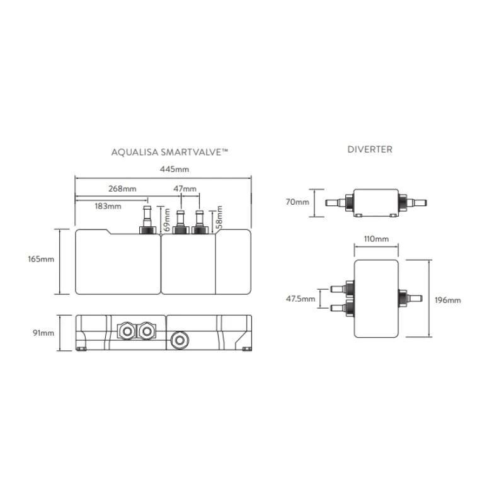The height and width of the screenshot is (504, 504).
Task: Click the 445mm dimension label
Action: (175, 169)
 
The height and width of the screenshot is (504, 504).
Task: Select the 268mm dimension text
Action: (122, 188)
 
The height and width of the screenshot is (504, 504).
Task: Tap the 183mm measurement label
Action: (108, 206)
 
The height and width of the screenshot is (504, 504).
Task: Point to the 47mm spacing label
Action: (185, 188)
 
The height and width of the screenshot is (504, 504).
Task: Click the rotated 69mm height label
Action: (167, 220)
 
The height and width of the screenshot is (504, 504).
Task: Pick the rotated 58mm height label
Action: (219, 217)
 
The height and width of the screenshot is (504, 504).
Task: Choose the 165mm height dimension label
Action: (41, 259)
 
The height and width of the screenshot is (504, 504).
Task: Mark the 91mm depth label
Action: (43, 333)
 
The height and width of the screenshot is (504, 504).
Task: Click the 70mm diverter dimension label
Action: (297, 202)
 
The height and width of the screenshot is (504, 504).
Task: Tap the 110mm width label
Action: (376, 239)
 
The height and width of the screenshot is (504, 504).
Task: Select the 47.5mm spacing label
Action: (301, 299)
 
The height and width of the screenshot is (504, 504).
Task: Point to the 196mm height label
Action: (448, 301)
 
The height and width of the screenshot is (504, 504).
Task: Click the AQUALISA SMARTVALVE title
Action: (169, 152)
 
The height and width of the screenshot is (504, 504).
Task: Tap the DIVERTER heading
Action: (370, 149)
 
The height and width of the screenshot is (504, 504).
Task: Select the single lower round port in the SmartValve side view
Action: (180, 340)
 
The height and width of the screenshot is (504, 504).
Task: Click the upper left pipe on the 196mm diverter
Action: (343, 289)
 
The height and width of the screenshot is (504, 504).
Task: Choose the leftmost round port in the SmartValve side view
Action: (127, 331)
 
